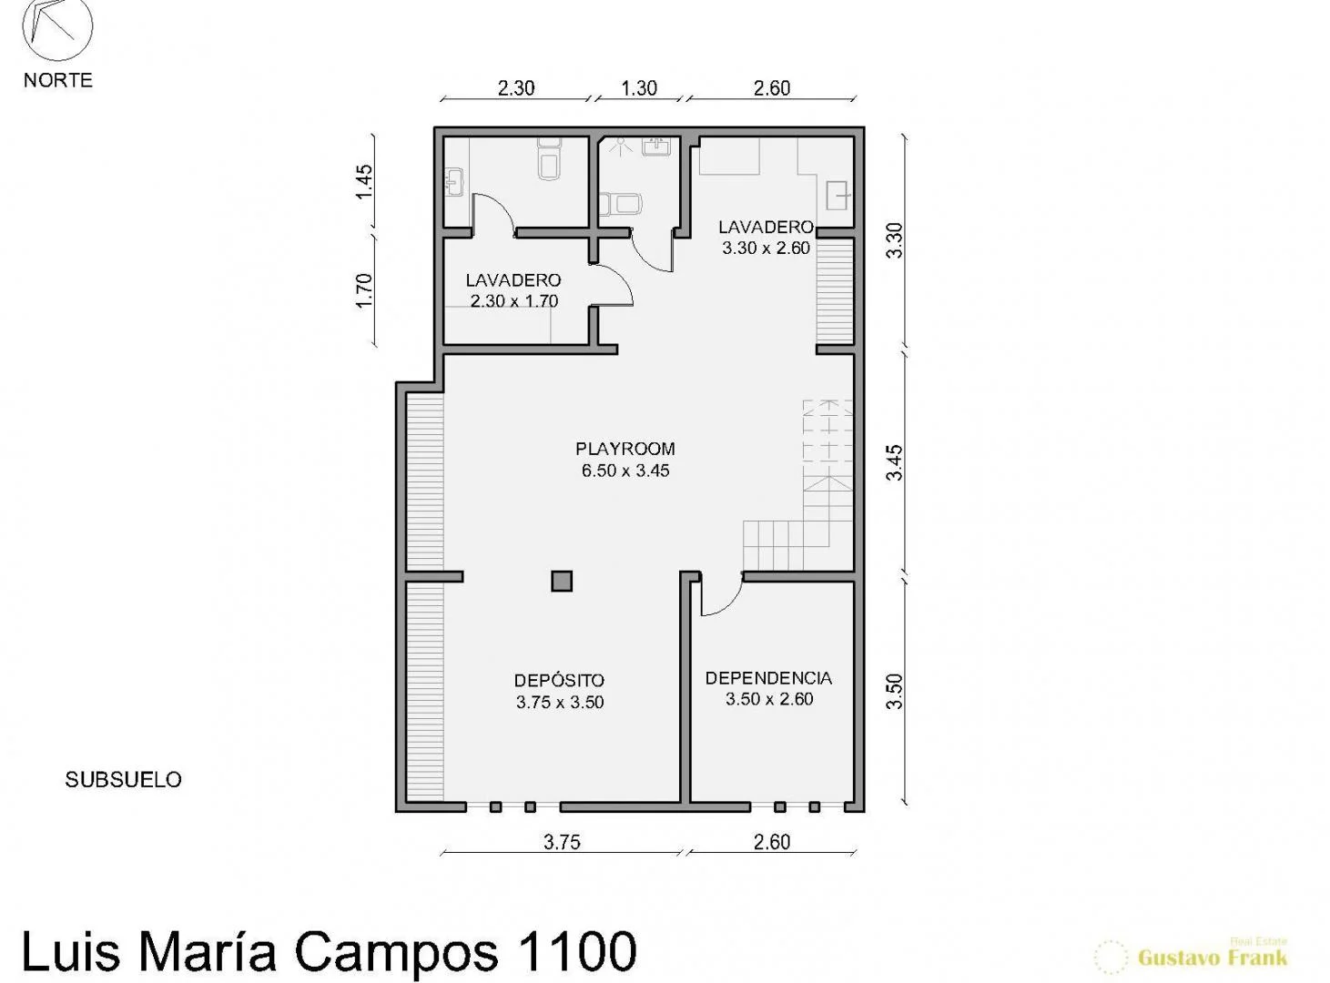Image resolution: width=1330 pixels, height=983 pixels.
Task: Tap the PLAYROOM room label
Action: (624, 449)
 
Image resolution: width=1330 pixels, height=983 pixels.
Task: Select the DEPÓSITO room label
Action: (560, 680)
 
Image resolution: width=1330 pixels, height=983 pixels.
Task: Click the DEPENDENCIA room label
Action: (768, 678)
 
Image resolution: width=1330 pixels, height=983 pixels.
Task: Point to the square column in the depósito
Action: (562, 582)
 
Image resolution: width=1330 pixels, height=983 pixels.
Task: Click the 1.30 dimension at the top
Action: (639, 88)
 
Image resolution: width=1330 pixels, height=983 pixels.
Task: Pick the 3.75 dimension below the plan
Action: (562, 842)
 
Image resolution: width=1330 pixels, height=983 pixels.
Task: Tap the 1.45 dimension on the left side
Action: (364, 182)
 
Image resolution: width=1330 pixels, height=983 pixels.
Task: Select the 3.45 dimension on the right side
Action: (894, 462)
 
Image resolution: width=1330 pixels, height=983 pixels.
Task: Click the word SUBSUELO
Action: (123, 780)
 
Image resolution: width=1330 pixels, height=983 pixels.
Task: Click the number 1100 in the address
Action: (575, 951)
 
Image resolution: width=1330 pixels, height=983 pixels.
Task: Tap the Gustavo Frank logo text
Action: (1212, 958)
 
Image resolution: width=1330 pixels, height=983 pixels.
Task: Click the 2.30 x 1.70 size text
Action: (514, 301)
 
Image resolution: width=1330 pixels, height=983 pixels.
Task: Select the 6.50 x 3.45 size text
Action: (624, 471)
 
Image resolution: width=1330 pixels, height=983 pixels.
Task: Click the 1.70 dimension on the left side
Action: (364, 290)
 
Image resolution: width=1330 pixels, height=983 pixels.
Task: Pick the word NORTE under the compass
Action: (58, 80)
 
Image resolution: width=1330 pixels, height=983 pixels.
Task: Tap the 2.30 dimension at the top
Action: (515, 88)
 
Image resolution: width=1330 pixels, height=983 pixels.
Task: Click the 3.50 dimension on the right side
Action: (894, 692)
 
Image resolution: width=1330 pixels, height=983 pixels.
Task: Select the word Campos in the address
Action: (395, 952)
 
